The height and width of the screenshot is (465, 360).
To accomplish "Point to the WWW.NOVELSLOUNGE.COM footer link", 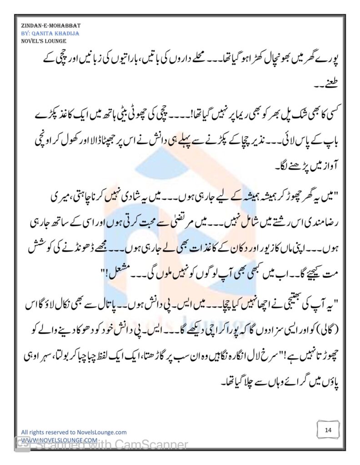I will coord(59,440).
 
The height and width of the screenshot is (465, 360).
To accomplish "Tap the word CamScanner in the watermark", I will coord(155,445).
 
